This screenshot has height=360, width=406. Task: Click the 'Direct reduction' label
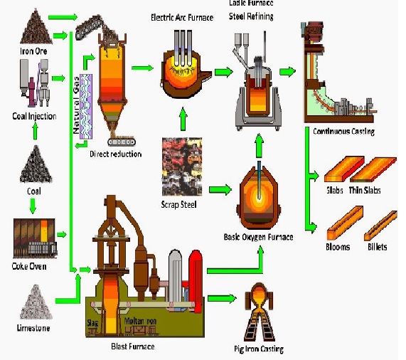(116, 154)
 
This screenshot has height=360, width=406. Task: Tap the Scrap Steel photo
(183, 164)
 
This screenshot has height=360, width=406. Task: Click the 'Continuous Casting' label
(343, 132)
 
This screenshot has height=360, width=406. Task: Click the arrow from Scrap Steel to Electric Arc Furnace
(183, 117)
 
